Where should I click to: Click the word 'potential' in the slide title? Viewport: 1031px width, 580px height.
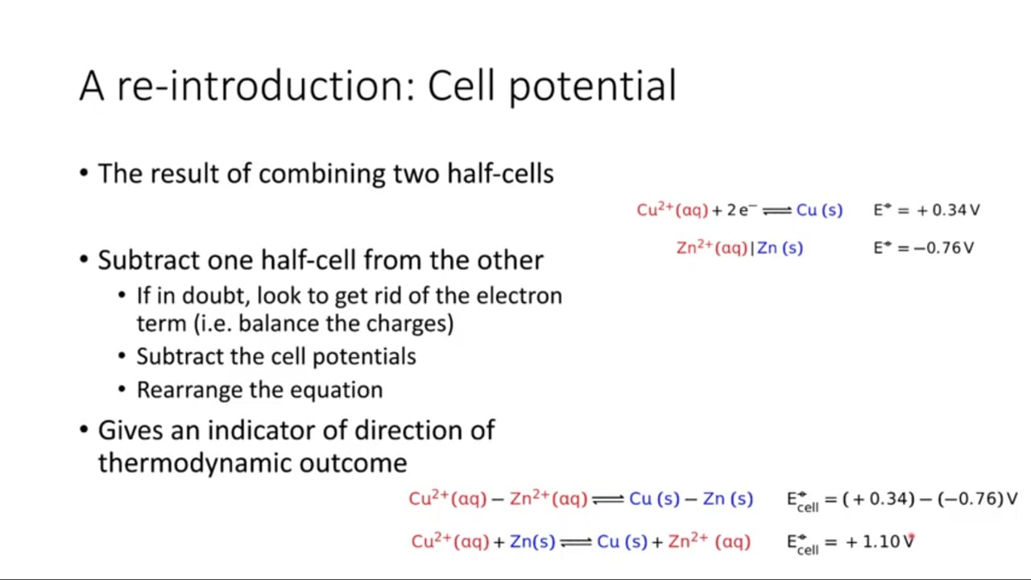[x=593, y=86]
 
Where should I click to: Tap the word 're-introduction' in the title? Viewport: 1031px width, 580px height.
[x=267, y=86]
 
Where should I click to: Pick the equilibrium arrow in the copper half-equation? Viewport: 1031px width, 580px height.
[x=777, y=211]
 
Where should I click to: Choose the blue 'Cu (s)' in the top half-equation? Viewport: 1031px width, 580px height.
[x=820, y=210]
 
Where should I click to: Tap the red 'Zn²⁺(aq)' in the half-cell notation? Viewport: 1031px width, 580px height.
[x=712, y=247]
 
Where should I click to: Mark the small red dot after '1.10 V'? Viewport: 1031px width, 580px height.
[x=913, y=536]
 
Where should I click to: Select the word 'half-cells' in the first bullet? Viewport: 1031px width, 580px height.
[x=501, y=174]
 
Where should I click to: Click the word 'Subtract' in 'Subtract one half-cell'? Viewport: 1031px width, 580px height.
[x=148, y=260]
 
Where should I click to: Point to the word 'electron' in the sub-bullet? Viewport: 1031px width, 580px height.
[x=520, y=296]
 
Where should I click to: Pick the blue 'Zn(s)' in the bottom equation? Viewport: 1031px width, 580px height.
[x=532, y=542]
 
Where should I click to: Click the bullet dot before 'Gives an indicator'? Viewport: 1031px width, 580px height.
[x=84, y=430]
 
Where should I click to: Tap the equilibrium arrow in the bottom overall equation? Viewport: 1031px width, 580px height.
[x=576, y=543]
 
